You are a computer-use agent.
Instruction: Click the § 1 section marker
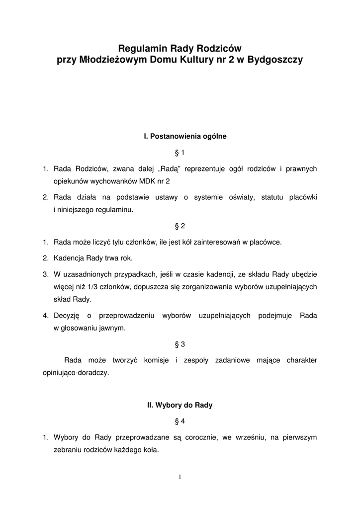180,152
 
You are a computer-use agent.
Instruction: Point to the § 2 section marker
180,226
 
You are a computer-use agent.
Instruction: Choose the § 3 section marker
180,344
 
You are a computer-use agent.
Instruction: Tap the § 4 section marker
180,421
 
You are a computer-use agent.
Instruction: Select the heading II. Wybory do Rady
180,405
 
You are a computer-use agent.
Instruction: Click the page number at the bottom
180,477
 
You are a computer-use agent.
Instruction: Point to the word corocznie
199,437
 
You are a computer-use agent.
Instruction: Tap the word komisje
158,360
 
